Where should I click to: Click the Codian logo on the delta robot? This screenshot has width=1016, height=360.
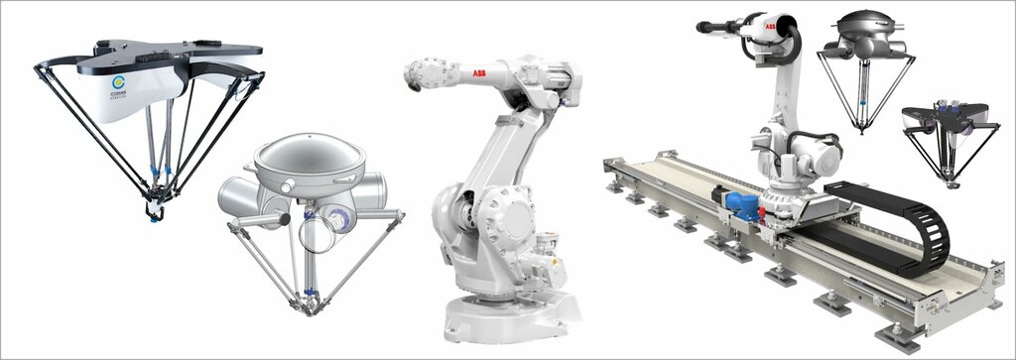pyautogui.click(x=119, y=85)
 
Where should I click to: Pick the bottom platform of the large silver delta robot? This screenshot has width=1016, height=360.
pyautogui.click(x=310, y=303)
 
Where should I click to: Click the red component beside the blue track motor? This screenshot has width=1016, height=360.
pyautogui.click(x=762, y=211)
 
